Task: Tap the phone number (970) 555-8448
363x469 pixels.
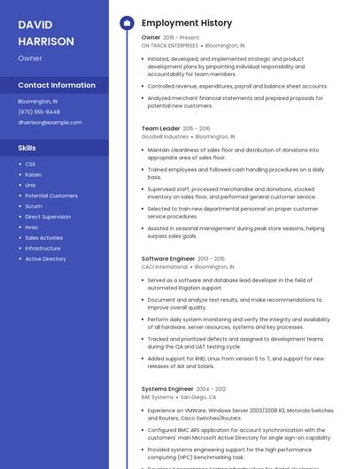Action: (39, 111)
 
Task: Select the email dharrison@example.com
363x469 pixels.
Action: (50, 122)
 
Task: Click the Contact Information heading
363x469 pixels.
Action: (57, 85)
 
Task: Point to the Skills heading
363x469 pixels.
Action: (27, 148)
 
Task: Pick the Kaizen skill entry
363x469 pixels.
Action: (34, 174)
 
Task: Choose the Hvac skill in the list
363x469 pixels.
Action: (32, 227)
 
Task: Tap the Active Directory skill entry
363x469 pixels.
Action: (45, 259)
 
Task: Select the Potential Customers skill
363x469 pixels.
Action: (50, 196)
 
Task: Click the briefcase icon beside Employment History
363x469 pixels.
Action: (126, 23)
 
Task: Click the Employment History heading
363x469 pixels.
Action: (187, 23)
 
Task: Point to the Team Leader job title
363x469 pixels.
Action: (160, 128)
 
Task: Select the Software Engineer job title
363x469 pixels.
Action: (168, 258)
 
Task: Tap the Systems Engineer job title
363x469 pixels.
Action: (167, 388)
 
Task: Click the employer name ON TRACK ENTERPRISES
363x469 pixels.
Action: (169, 45)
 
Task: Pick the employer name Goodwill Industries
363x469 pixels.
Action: (165, 137)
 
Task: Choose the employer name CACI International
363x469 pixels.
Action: (165, 266)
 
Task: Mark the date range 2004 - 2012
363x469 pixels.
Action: (211, 388)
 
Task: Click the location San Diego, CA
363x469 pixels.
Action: (198, 397)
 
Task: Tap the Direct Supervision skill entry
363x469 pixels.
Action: (48, 217)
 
